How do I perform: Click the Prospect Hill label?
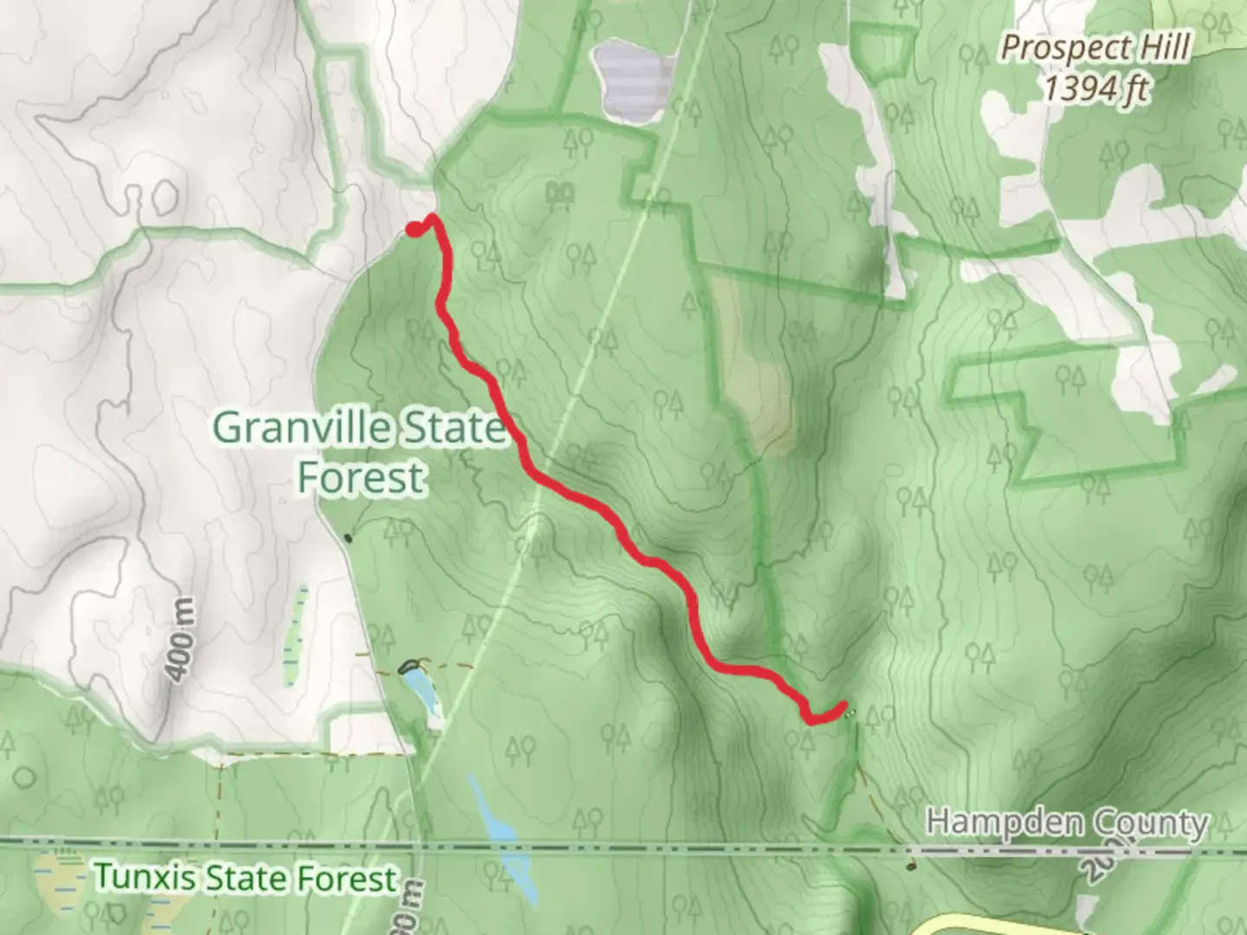click(1095, 48)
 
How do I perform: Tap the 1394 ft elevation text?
click(1095, 88)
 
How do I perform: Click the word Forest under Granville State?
click(362, 477)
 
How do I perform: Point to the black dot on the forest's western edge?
click(349, 538)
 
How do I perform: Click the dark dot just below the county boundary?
click(910, 866)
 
